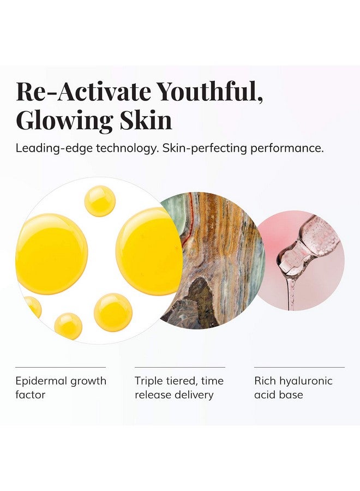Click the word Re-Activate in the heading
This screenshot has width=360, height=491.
point(82,91)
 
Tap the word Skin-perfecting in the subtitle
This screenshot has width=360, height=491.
point(205,148)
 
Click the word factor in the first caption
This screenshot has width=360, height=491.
point(31,394)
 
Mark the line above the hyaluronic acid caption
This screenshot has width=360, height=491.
point(299,367)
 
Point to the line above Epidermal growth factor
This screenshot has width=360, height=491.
point(61,367)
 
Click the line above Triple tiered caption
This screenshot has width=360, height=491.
point(180,367)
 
